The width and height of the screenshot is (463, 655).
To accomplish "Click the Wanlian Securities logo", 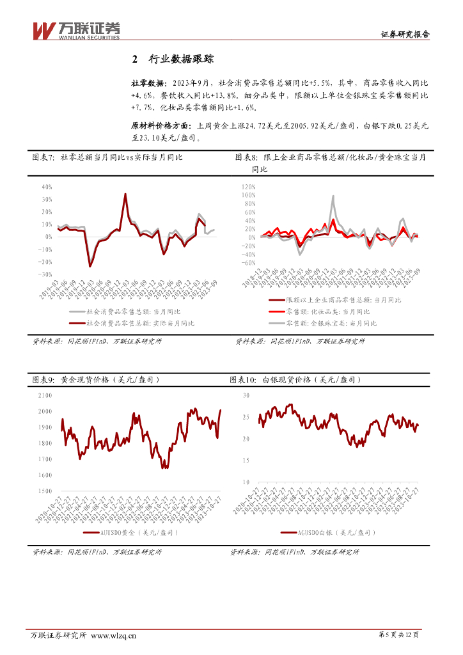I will click(x=76, y=30).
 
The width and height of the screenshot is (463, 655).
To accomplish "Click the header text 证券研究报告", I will click(x=405, y=35).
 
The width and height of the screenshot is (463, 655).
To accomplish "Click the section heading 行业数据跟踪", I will click(x=182, y=59).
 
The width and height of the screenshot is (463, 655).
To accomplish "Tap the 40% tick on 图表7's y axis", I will click(x=46, y=187).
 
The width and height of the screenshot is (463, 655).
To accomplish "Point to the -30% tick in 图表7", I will click(x=45, y=274).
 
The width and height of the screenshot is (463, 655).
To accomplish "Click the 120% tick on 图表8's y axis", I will click(x=249, y=187).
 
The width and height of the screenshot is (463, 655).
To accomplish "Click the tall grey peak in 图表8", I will click(x=333, y=196).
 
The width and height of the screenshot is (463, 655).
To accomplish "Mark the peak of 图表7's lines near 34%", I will click(x=125, y=194).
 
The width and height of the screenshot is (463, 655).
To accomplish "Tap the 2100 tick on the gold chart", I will click(x=45, y=395).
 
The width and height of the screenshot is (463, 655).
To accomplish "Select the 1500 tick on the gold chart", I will click(x=45, y=491).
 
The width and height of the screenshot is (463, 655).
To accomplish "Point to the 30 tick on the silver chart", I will click(x=247, y=396).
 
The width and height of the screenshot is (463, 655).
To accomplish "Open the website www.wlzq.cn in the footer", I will click(x=114, y=635).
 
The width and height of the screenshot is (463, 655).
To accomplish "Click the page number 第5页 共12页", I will click(x=399, y=635).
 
